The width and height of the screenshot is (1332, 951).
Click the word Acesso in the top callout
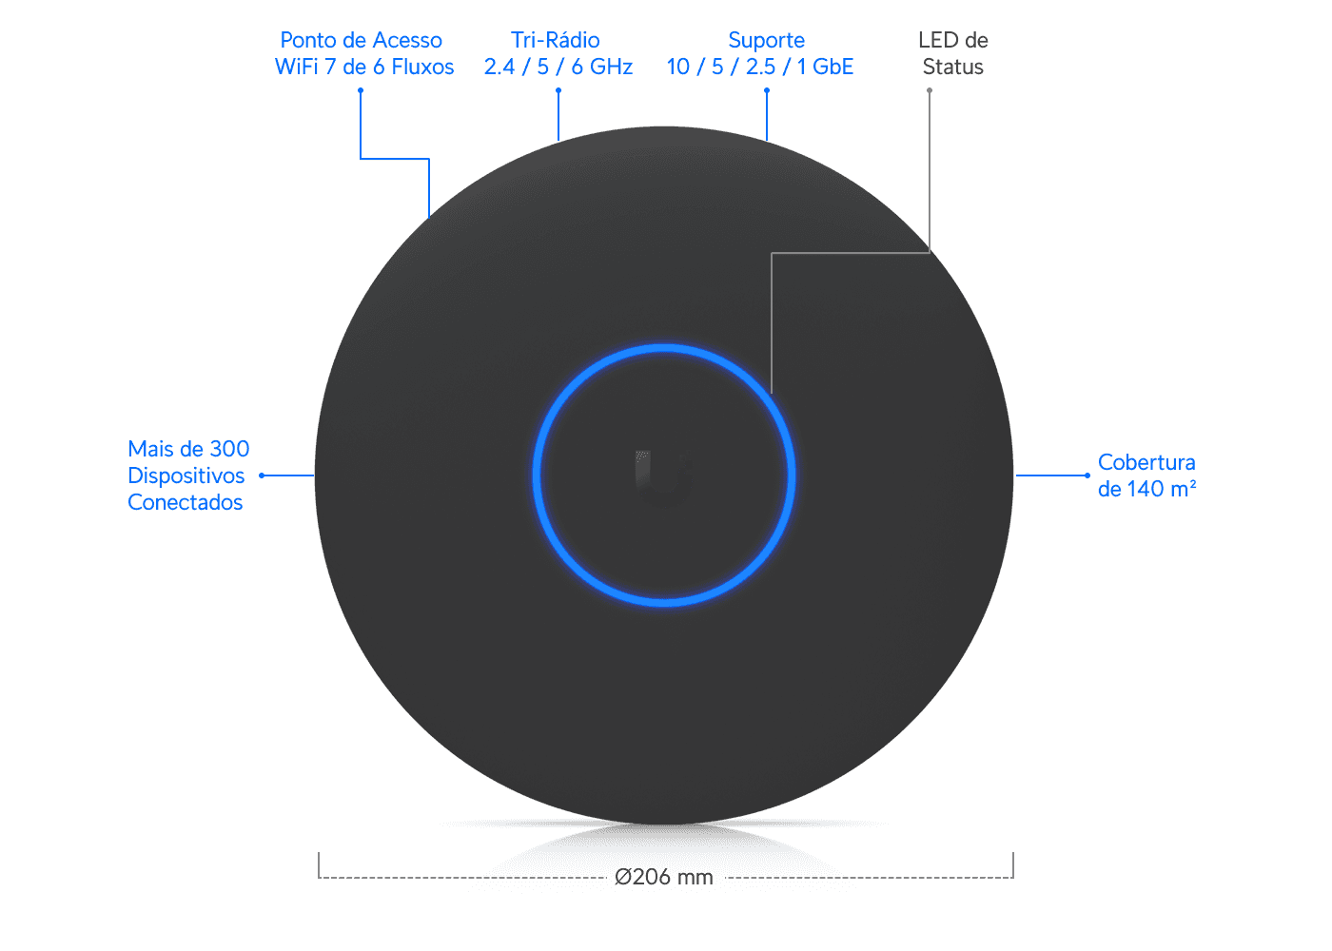[x=407, y=40]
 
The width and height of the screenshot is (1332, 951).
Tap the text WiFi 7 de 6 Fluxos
[x=363, y=67]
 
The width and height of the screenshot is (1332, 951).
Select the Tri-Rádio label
[x=556, y=40]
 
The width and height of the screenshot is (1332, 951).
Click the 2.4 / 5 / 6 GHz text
[x=558, y=67]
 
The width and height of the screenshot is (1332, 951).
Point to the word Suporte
[x=767, y=40]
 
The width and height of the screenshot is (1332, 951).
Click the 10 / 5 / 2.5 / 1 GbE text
[x=760, y=67]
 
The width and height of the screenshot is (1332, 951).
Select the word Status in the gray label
[x=952, y=67]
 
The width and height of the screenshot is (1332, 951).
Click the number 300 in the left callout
[x=229, y=449]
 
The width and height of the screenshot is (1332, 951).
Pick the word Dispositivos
[x=186, y=475]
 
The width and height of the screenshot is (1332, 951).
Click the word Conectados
[x=185, y=502]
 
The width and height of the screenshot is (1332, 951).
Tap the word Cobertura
[x=1146, y=462]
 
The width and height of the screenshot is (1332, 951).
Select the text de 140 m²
[x=1147, y=489]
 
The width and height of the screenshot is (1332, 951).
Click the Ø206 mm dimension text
[x=664, y=877]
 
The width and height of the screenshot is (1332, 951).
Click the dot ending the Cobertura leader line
[x=1087, y=475]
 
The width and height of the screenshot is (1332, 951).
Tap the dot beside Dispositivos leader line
[x=262, y=475]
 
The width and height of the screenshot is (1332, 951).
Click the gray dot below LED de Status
[x=930, y=90]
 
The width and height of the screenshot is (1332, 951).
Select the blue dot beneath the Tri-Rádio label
[x=558, y=90]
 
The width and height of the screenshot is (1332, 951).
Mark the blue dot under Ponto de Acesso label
[x=361, y=90]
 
